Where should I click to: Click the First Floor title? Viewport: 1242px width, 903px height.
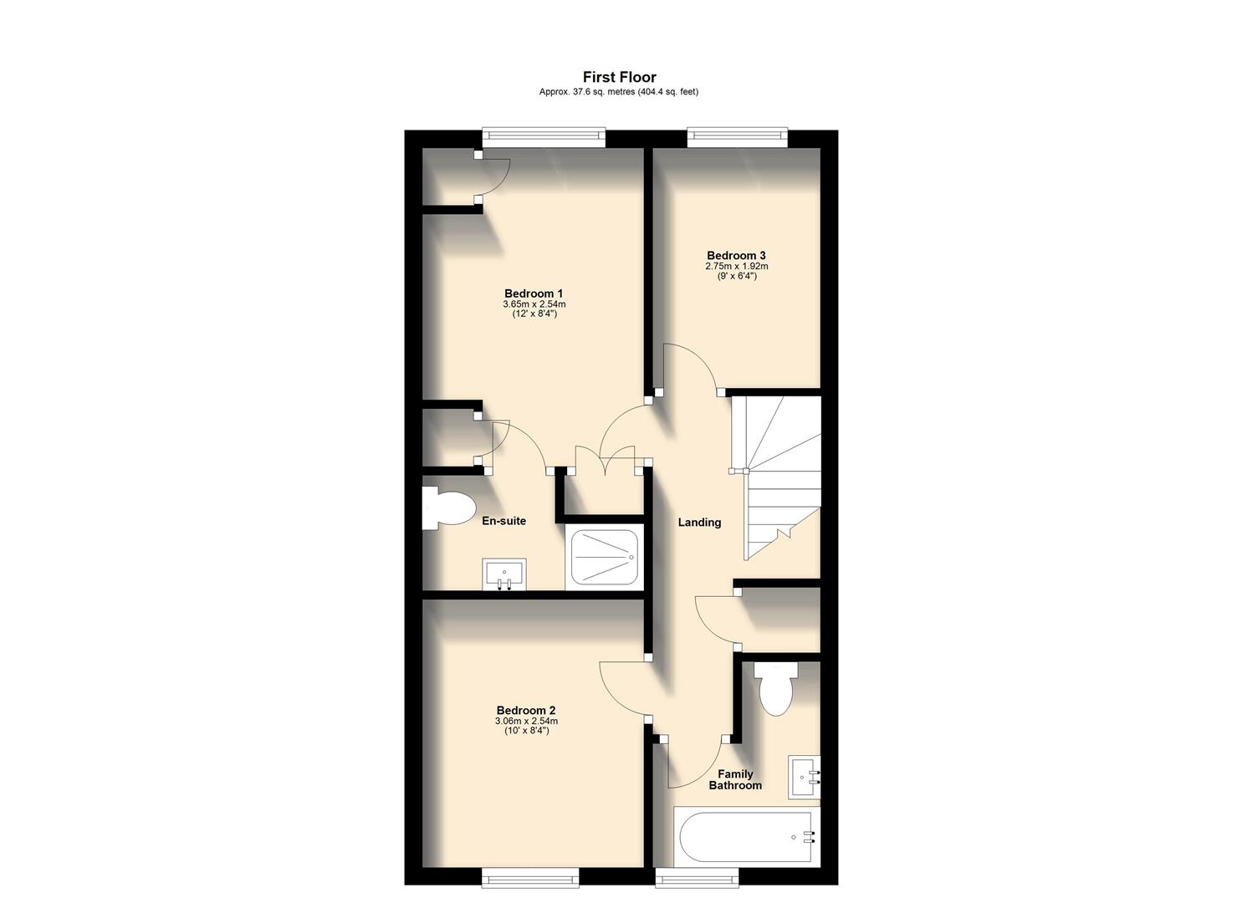pos(619,77)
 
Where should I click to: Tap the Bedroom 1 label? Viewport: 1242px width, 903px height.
pos(534,293)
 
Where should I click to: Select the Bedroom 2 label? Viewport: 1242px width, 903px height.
pos(526,711)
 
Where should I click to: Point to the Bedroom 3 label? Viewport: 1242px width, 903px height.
pos(736,256)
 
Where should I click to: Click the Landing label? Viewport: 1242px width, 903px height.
pos(699,523)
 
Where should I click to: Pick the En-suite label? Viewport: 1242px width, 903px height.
pos(504,521)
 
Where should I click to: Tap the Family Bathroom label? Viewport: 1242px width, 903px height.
pos(735,780)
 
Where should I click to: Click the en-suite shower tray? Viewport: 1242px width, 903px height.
pos(604,558)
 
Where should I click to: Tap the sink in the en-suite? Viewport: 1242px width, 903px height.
pos(504,575)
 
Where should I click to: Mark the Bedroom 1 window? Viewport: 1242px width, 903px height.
pos(544,138)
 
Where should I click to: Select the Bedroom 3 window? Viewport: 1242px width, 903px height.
pos(737,137)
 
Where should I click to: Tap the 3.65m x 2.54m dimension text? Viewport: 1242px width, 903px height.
pos(534,304)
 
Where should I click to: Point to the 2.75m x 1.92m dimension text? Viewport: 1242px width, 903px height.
pos(736,266)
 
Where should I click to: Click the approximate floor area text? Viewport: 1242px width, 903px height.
pos(619,92)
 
